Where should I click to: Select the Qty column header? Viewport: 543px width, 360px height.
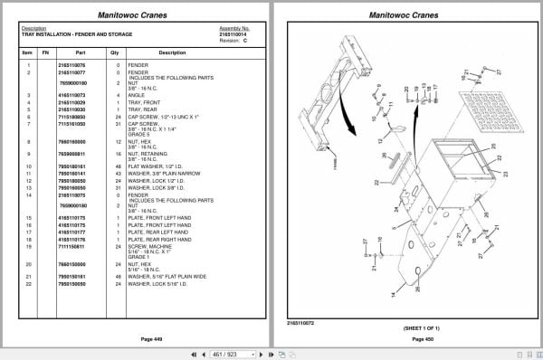pyautogui.click(x=115, y=52)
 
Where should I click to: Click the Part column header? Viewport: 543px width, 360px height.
pyautogui.click(x=80, y=52)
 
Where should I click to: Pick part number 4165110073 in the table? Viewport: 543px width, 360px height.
pyautogui.click(x=71, y=94)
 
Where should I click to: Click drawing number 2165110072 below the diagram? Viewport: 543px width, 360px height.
pyautogui.click(x=301, y=321)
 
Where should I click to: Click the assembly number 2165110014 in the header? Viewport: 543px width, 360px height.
pyautogui.click(x=234, y=33)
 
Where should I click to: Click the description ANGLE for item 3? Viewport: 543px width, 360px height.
pyautogui.click(x=138, y=94)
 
